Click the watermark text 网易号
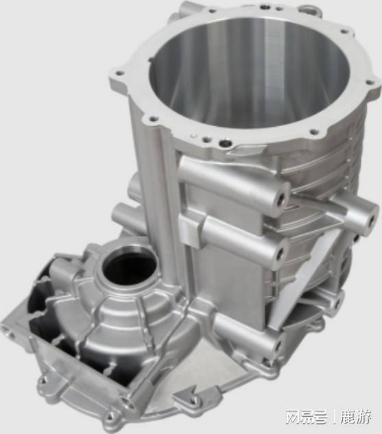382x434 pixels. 307,417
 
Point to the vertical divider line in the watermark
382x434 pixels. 333,417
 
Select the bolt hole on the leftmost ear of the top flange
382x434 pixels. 119,74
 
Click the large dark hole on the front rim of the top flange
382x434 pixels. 225,144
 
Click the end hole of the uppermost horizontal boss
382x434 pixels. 282,200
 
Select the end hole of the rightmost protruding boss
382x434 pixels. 371,221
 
